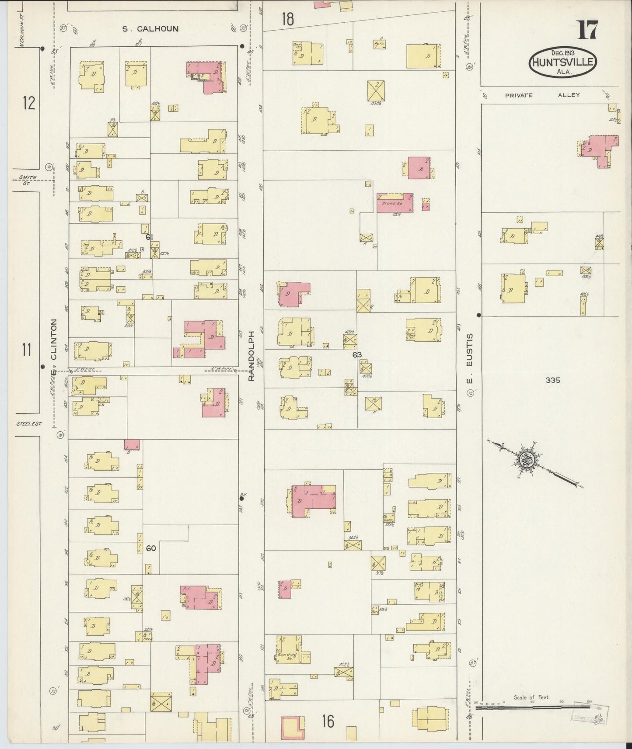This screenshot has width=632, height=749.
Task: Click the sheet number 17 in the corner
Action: click(587, 30)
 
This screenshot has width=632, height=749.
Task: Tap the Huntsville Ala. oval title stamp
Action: click(563, 63)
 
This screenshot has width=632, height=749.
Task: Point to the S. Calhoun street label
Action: click(150, 29)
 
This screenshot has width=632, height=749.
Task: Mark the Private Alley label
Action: click(542, 95)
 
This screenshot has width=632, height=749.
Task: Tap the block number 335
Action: click(552, 380)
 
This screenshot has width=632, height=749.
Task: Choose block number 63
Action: click(357, 354)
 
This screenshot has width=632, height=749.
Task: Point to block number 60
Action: click(151, 548)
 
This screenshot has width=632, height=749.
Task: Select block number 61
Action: click(150, 237)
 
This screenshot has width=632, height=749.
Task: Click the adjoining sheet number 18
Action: click(287, 19)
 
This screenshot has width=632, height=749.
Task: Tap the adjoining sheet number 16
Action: click(328, 721)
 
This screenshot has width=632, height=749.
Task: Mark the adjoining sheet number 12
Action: click(28, 103)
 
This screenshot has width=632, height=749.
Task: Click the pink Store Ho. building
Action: click(395, 203)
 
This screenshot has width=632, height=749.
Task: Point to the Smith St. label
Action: click(27, 179)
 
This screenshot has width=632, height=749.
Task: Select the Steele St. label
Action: click(28, 423)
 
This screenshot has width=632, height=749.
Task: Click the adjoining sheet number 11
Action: click(27, 350)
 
